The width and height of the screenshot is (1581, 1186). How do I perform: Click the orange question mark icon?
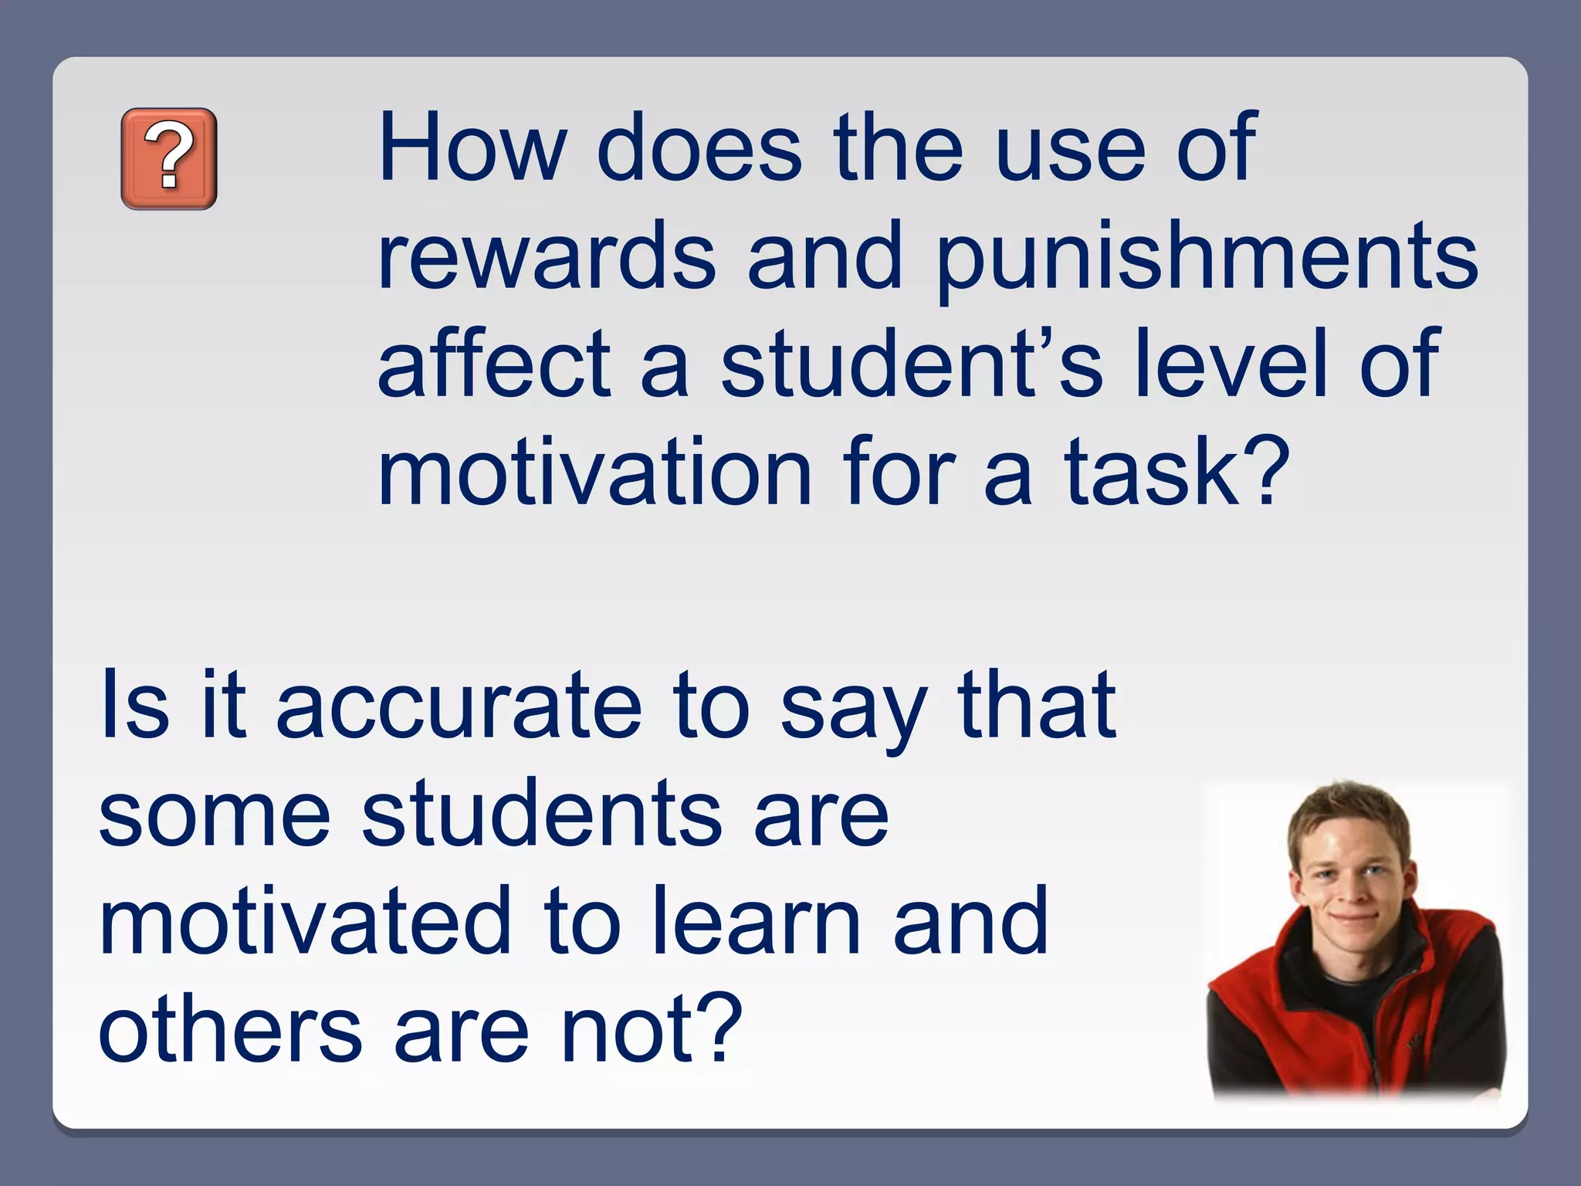(x=169, y=159)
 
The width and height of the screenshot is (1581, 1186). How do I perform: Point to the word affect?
(x=494, y=362)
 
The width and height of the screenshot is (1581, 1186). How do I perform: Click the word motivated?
(x=305, y=921)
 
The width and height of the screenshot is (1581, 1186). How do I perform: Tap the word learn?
(x=757, y=921)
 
